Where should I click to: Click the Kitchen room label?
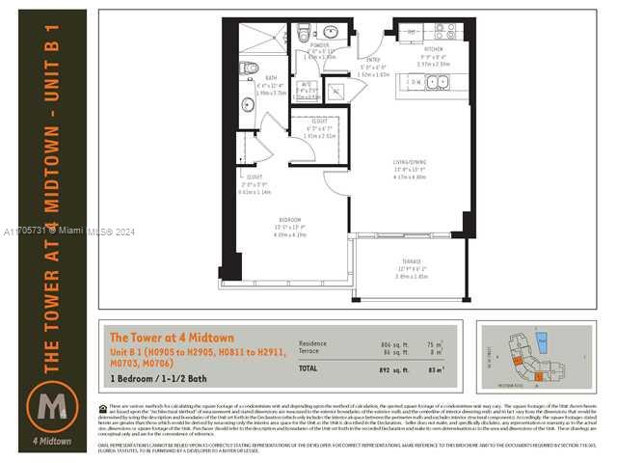click(433, 46)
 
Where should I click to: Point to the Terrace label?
click(412, 261)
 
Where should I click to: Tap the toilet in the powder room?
click(304, 34)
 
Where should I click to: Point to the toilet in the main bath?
click(249, 68)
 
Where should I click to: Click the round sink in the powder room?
click(330, 31)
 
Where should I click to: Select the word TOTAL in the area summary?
click(309, 368)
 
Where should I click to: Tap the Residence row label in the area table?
click(313, 343)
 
